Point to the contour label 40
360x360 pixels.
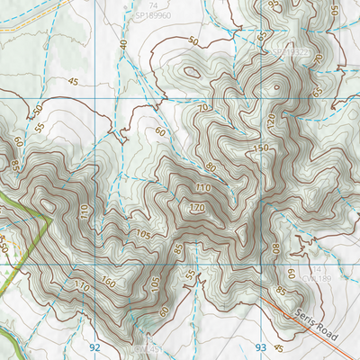click(124, 44)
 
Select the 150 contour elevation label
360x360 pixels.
click(262, 148)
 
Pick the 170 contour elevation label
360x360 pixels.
click(196, 209)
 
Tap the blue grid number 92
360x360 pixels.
click(94, 346)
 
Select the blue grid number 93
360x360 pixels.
click(262, 346)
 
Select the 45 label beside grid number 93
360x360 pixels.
click(280, 348)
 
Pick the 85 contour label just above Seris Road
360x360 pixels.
click(282, 292)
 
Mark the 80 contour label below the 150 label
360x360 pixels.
click(211, 166)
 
